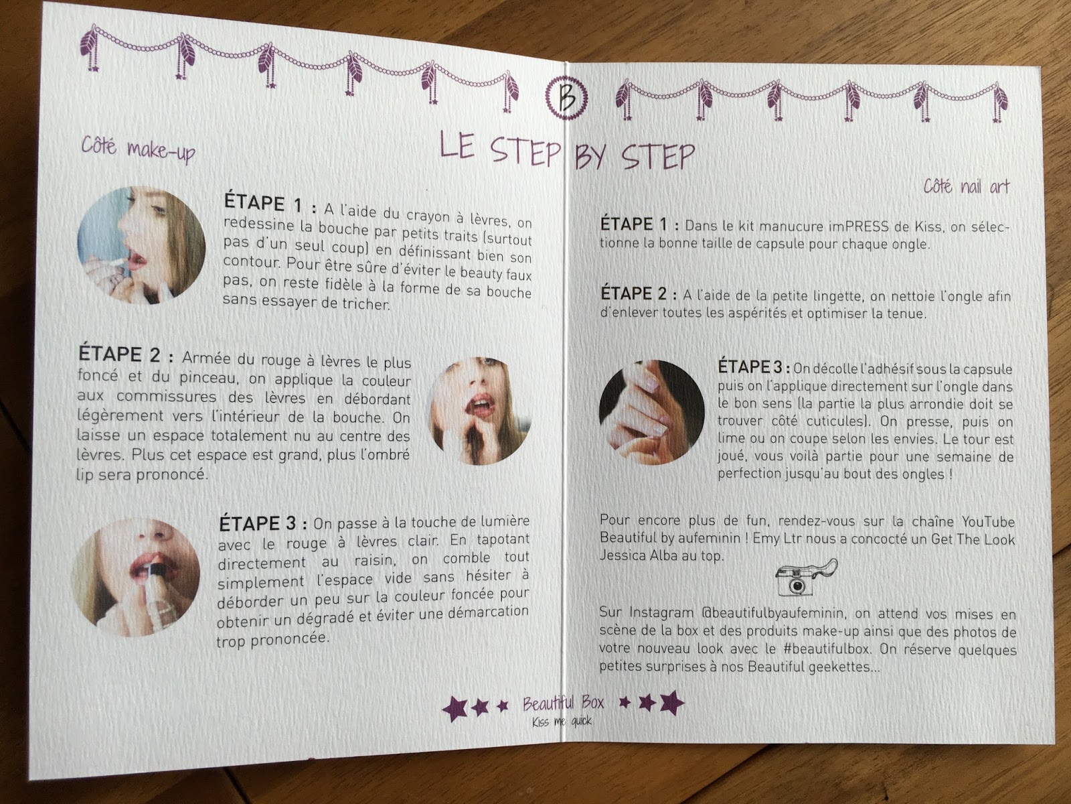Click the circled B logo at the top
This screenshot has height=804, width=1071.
pos(566,98)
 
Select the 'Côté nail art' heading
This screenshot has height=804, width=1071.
pos(966,186)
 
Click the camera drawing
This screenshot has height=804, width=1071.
pos(805,578)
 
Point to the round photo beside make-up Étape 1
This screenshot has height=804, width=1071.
pos(141,245)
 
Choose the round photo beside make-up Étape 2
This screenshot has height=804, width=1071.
pos(479,411)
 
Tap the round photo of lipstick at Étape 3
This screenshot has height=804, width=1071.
pos(135,577)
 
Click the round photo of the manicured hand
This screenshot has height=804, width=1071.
pos(651,412)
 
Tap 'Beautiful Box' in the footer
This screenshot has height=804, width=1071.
pos(563,703)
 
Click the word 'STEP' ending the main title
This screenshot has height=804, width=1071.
pos(658,157)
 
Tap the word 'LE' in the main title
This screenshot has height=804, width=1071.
pos(457,145)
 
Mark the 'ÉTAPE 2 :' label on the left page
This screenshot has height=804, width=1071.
pos(126,354)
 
